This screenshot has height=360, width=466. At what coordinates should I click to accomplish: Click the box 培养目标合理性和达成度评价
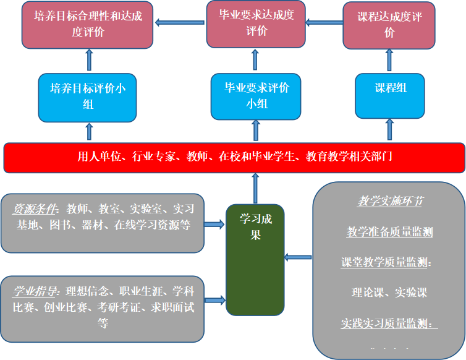(88, 24)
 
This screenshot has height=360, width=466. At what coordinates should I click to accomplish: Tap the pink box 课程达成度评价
(389, 25)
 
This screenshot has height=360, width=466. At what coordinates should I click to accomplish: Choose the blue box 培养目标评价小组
(87, 96)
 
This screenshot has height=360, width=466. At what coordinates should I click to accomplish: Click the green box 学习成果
(255, 260)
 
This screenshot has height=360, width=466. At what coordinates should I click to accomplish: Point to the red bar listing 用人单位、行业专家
(234, 157)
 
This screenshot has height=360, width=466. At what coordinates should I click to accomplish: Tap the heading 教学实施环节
(389, 202)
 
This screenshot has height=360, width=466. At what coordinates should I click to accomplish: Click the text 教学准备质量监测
(389, 232)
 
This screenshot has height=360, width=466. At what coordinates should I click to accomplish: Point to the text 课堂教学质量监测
(386, 262)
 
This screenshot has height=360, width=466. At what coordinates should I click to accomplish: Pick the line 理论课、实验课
(389, 292)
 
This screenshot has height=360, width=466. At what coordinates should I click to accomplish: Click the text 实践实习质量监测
(388, 322)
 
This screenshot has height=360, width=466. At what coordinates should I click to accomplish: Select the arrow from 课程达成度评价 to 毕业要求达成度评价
(324, 24)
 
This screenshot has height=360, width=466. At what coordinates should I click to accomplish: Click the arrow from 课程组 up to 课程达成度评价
(389, 61)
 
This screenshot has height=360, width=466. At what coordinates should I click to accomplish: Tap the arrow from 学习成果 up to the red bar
(255, 189)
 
